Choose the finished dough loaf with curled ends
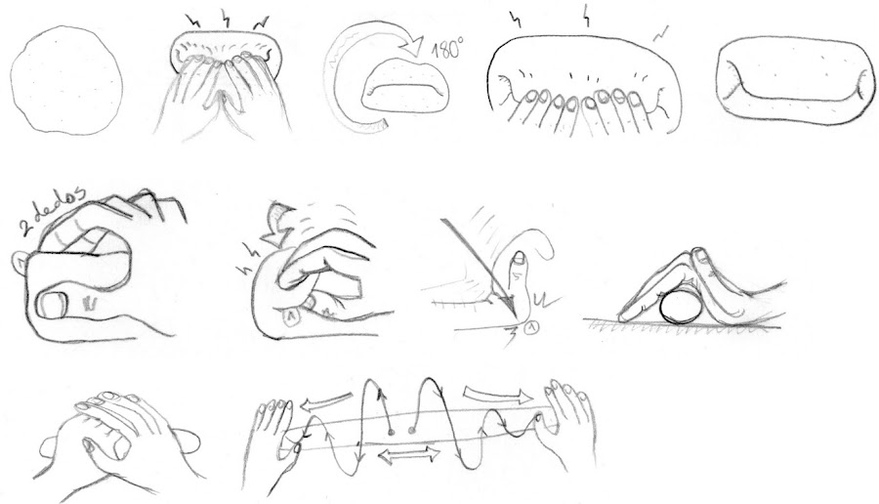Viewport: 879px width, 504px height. pyautogui.click(x=795, y=81)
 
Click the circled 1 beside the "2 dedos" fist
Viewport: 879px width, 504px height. pyautogui.click(x=20, y=261)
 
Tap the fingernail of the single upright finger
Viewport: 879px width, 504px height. pyautogui.click(x=521, y=258)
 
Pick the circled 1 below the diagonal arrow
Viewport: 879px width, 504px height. pyautogui.click(x=532, y=327)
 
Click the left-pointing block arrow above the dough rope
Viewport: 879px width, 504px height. pyautogui.click(x=328, y=401)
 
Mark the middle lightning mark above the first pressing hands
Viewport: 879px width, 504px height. pyautogui.click(x=226, y=20)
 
